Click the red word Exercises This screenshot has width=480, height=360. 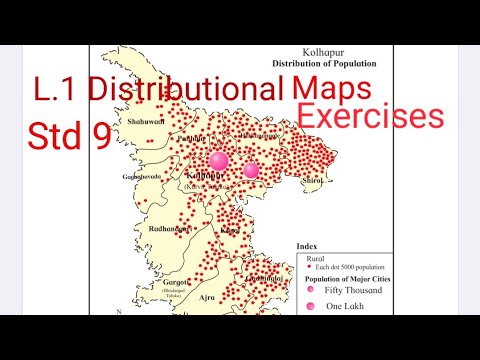[371, 117]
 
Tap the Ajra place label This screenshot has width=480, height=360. [205, 298]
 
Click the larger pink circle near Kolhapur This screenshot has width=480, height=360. [219, 159]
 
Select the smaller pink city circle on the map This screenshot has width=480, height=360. [250, 170]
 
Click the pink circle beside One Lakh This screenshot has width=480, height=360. [311, 304]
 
